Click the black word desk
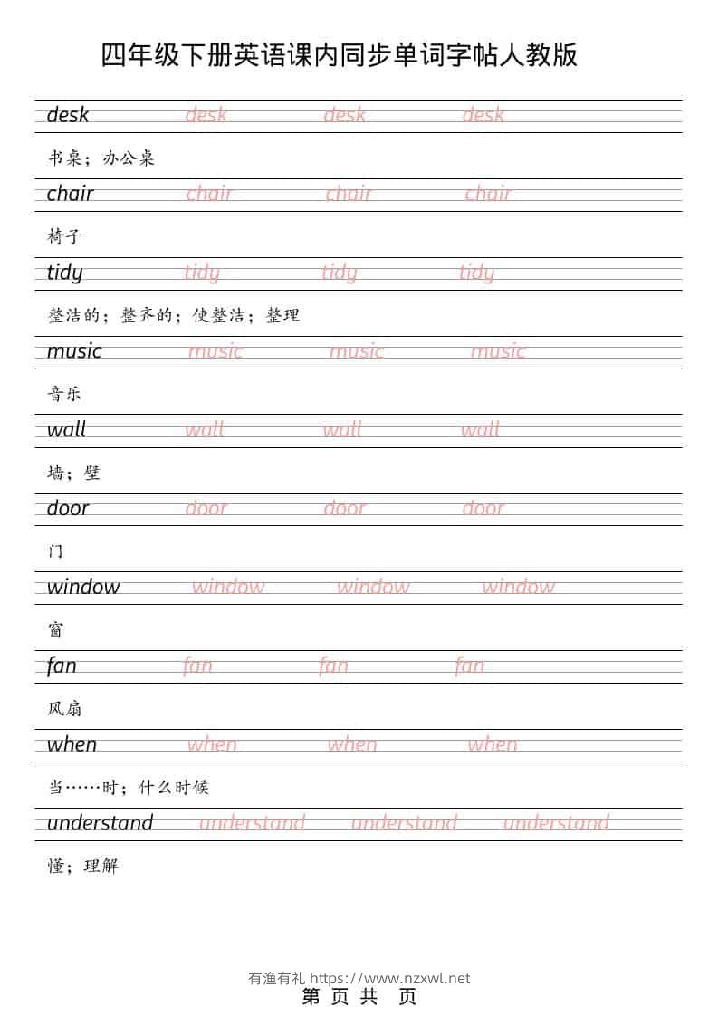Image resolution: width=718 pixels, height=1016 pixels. click(x=68, y=115)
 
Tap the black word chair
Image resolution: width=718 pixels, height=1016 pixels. click(x=70, y=194)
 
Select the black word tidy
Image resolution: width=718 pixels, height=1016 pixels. click(x=64, y=273)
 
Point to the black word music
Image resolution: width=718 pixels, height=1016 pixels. click(x=74, y=351)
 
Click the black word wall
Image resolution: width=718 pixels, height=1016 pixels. click(x=66, y=430)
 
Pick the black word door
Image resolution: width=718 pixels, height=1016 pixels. click(x=68, y=509)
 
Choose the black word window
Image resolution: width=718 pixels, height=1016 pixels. click(x=83, y=587)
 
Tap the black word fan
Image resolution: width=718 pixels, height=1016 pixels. click(x=62, y=666)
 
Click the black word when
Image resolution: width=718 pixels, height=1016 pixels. click(x=72, y=744)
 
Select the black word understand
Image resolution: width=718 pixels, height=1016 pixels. click(x=100, y=823)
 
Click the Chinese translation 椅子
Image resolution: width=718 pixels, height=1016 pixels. click(x=64, y=237)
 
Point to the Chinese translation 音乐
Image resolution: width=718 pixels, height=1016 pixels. click(x=64, y=394)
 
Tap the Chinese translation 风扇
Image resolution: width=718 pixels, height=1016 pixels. click(x=64, y=708)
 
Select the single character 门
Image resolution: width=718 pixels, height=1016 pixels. click(x=55, y=551)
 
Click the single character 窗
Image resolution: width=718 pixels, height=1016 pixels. click(x=55, y=630)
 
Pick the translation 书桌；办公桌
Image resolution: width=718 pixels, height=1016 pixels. click(x=101, y=158)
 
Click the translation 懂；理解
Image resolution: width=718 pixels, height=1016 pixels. click(x=82, y=866)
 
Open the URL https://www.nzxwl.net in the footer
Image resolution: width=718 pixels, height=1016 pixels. click(x=390, y=978)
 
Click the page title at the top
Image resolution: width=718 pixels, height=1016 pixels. click(x=340, y=55)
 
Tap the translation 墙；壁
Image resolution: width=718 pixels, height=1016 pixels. click(x=73, y=473)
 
